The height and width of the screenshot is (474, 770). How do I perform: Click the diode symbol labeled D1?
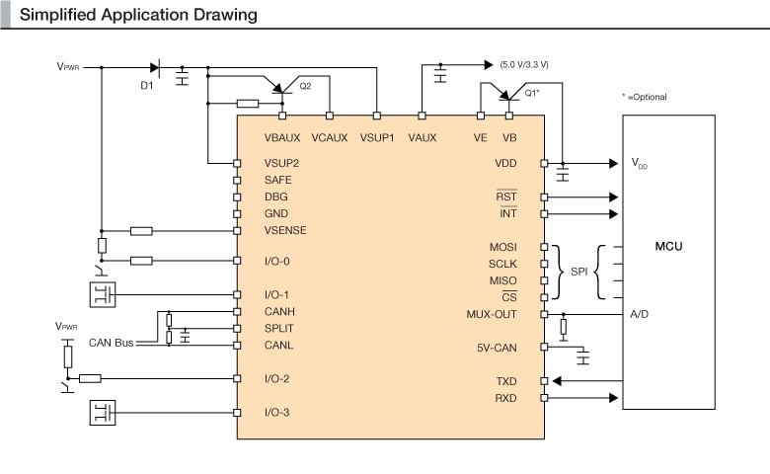click(x=155, y=68)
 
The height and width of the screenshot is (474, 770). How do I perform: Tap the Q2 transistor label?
click(x=305, y=86)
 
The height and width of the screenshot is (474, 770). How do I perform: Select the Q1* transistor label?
click(x=532, y=92)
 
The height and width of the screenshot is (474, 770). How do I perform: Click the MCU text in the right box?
click(x=668, y=246)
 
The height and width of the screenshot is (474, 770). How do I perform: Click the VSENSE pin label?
click(x=286, y=230)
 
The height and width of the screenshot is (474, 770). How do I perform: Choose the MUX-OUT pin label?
click(x=492, y=314)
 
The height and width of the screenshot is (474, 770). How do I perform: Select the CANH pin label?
click(x=280, y=312)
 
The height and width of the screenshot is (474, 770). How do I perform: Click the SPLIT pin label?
click(x=279, y=329)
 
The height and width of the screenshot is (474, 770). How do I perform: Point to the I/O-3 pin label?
click(x=277, y=412)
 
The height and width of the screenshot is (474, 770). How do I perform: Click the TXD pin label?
click(x=506, y=381)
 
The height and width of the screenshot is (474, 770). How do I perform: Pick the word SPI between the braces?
click(x=580, y=272)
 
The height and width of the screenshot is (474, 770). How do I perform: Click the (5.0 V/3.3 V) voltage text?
click(x=524, y=64)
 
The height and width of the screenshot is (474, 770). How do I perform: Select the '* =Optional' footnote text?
click(x=645, y=97)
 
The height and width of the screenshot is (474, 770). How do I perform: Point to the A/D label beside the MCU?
click(x=639, y=314)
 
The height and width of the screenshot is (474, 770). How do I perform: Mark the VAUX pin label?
click(x=422, y=137)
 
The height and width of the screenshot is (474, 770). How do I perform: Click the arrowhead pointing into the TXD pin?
click(x=557, y=381)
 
